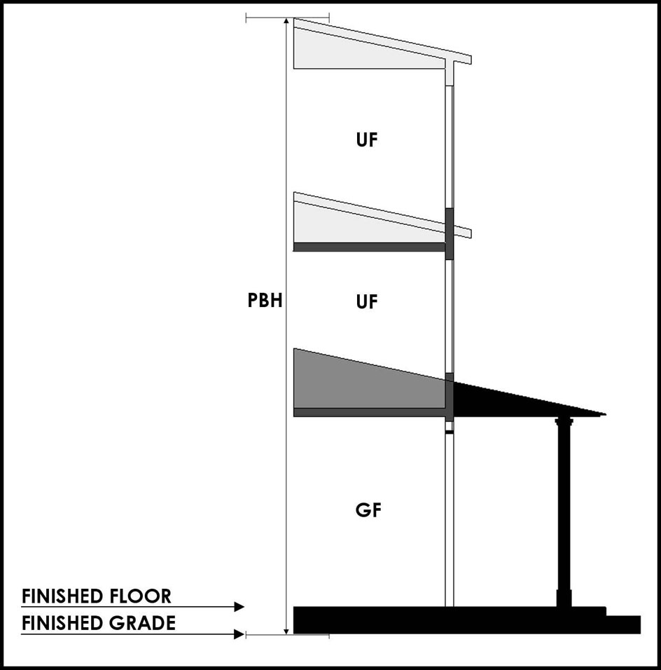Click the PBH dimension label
(x=265, y=302)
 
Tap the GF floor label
(x=367, y=510)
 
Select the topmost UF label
(x=367, y=139)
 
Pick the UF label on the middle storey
(x=367, y=302)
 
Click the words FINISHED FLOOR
(x=96, y=596)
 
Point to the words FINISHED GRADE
(x=98, y=623)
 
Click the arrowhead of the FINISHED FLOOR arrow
(x=239, y=607)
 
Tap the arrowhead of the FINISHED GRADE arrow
(x=239, y=634)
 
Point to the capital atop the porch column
(x=564, y=422)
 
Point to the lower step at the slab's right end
(x=623, y=624)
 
